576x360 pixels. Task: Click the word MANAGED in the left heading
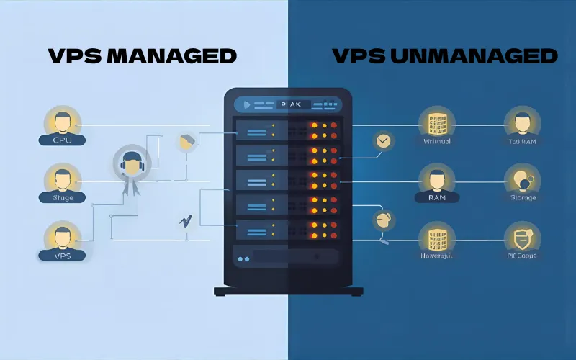[171, 56]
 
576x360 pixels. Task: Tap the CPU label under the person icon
[63, 140]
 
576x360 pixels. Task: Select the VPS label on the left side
[63, 255]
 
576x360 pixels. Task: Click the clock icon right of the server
[384, 140]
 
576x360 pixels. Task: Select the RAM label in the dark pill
[436, 197]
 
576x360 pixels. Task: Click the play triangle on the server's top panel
[247, 104]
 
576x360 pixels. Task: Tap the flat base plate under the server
[287, 292]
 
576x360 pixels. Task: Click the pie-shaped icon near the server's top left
[186, 142]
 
